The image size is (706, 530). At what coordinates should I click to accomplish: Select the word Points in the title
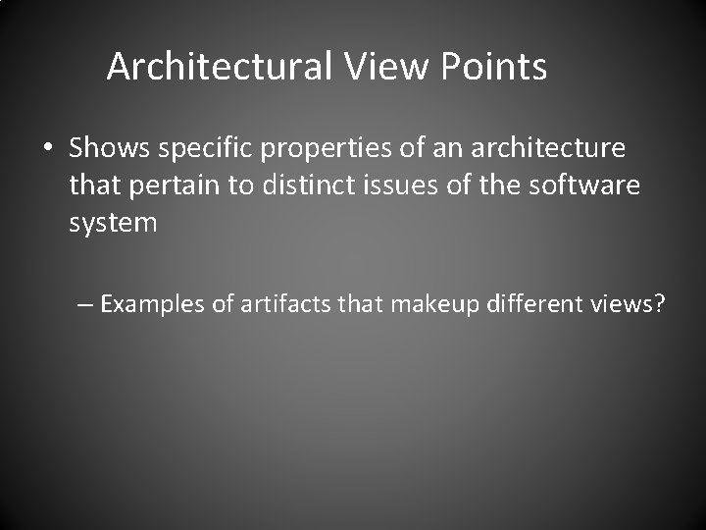(x=494, y=67)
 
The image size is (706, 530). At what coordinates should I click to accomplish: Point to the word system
(x=113, y=223)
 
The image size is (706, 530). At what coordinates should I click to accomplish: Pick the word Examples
(x=155, y=303)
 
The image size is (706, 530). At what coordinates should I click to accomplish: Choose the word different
(x=537, y=303)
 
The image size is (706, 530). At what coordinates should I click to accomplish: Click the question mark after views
(x=659, y=303)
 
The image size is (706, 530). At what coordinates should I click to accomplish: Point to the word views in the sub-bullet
(x=624, y=303)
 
